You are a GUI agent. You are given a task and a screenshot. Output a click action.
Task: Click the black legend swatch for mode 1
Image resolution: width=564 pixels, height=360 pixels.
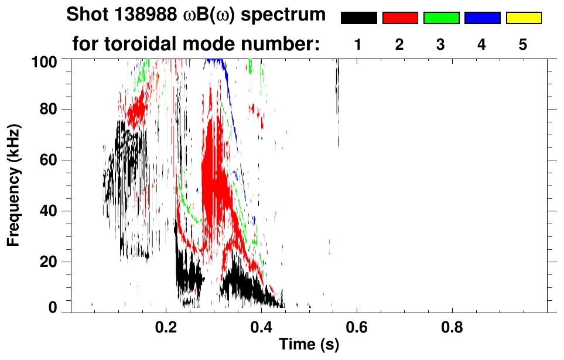tap(358, 18)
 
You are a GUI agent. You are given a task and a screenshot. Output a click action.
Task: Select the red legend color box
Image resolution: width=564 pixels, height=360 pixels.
tap(400, 18)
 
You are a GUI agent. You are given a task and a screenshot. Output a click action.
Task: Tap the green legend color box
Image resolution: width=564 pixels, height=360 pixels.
tap(441, 18)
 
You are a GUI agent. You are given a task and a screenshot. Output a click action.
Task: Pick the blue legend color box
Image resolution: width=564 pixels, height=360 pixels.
tap(482, 18)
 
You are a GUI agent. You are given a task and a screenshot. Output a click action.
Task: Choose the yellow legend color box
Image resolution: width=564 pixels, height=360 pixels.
tap(523, 18)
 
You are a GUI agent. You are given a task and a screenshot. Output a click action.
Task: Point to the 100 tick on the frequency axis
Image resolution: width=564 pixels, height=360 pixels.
tap(51, 60)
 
